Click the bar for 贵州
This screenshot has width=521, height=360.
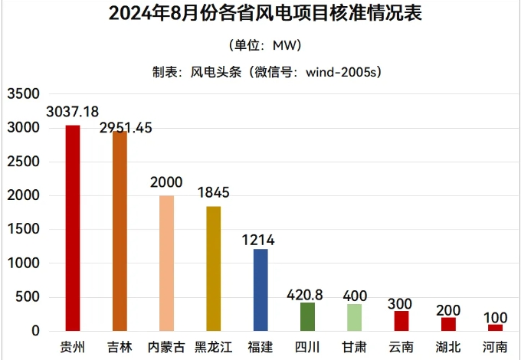click(73, 227)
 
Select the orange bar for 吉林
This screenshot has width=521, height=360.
click(120, 231)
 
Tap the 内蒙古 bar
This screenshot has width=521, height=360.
click(166, 263)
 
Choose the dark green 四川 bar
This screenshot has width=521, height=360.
click(307, 316)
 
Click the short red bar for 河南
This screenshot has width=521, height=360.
click(495, 328)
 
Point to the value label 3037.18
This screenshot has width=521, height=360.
click(73, 113)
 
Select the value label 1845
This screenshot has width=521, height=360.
click(213, 192)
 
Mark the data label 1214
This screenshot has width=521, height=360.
click(260, 240)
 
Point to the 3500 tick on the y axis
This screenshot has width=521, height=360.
click(23, 94)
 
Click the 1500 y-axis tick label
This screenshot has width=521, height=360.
click(23, 230)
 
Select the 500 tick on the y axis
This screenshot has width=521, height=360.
click(28, 297)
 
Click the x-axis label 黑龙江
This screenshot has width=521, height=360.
click(213, 347)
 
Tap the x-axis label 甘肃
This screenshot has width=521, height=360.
click(354, 347)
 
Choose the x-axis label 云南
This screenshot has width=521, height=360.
click(401, 347)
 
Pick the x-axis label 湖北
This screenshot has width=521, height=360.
click(448, 347)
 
